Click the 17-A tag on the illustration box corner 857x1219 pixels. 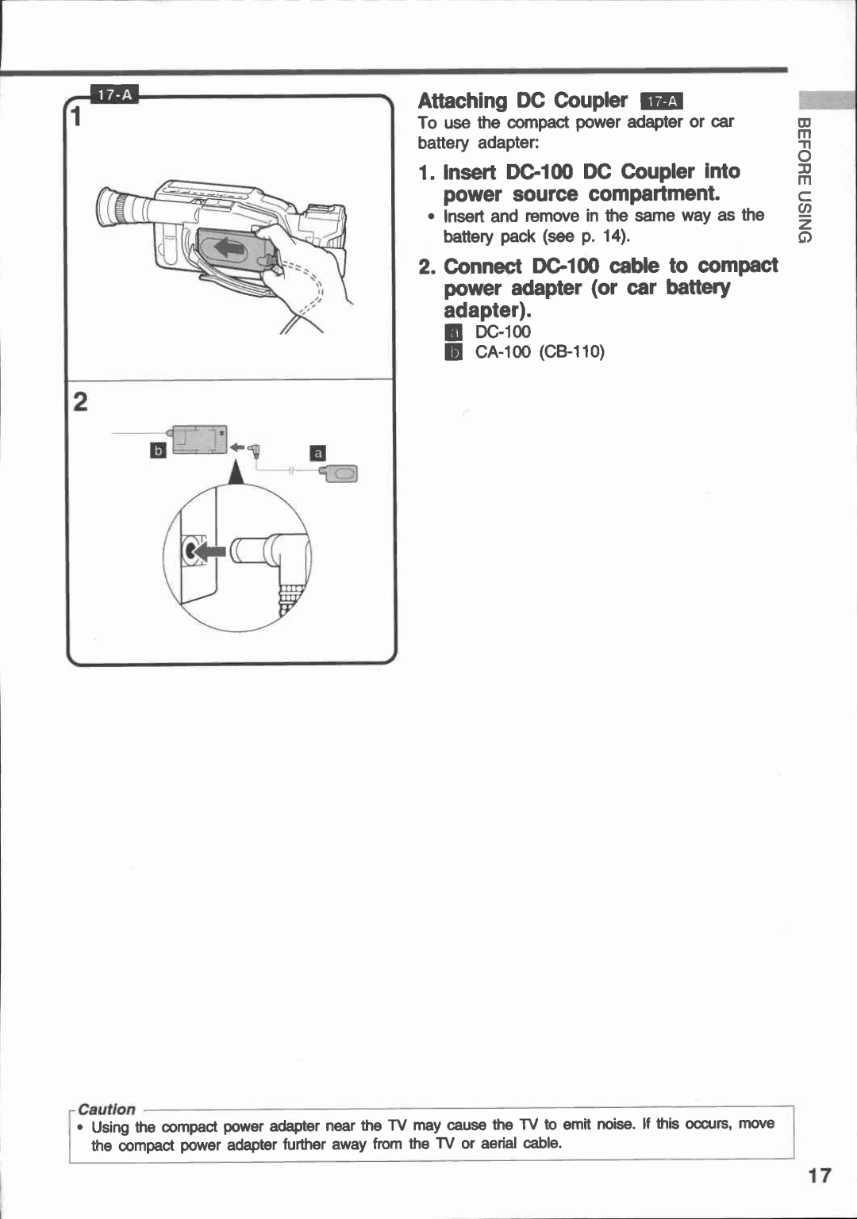tap(115, 95)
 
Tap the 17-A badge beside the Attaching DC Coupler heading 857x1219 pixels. tap(662, 102)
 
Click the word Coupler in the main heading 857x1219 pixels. tap(590, 101)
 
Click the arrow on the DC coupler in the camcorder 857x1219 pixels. tap(231, 248)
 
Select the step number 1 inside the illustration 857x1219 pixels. tap(77, 117)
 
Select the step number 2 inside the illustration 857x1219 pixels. tap(80, 402)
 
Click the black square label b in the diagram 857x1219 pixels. tap(158, 450)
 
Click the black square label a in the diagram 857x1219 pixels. tap(317, 453)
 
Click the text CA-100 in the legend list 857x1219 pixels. tap(503, 352)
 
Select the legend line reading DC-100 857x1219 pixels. tap(502, 332)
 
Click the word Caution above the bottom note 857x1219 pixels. tap(107, 1109)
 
